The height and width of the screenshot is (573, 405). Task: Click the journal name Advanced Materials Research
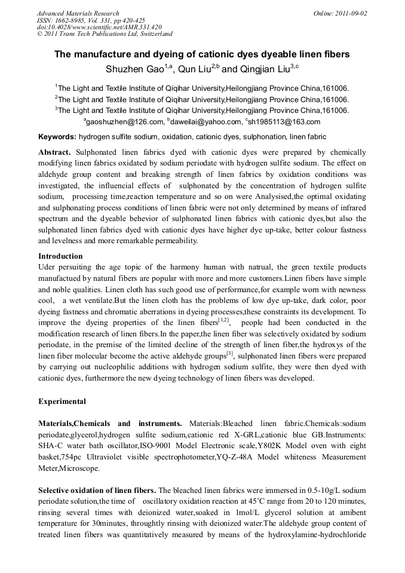78,13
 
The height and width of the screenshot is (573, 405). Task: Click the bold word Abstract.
55,152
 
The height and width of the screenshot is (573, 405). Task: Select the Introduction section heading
60,256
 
